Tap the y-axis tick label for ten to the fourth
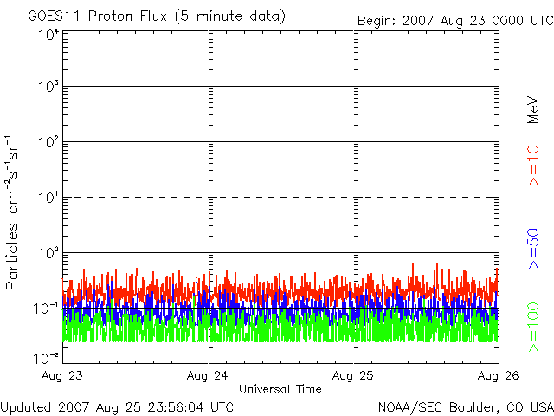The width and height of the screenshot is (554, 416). point(50,36)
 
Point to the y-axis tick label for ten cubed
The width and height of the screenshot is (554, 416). point(50,87)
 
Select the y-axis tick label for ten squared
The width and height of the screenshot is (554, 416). point(50,142)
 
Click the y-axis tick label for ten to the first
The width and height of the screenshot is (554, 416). point(50,198)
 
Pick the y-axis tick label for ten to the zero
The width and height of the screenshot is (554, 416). point(50,253)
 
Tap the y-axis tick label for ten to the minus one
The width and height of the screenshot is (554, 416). point(47,309)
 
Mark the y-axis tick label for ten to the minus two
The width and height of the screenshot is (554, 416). point(47,359)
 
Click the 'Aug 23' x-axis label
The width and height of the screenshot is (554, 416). point(62,375)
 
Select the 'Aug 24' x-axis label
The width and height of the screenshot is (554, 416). point(208,375)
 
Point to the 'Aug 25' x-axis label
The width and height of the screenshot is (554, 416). point(353,375)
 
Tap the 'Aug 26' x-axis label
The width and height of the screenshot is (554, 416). point(499,375)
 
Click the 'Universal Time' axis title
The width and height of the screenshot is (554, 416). point(280,389)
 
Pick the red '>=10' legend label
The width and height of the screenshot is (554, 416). point(534,166)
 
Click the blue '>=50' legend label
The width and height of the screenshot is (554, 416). point(534,249)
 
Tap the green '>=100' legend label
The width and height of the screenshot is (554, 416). point(534,328)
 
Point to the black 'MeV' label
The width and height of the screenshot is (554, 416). point(533,110)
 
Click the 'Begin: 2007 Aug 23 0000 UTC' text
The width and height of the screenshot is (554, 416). point(456,21)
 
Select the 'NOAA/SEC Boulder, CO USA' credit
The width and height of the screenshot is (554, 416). point(466,407)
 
